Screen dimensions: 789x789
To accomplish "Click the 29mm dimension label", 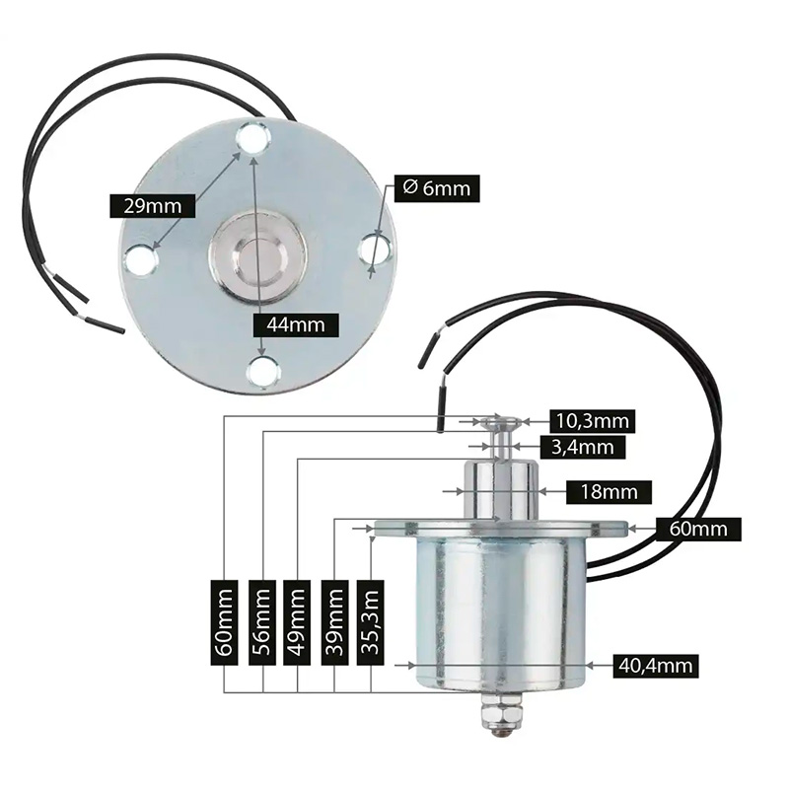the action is click(153, 206).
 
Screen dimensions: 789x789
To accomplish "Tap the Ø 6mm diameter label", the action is click(437, 188).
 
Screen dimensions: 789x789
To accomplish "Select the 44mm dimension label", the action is click(296, 324).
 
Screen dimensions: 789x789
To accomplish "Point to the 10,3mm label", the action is click(593, 421).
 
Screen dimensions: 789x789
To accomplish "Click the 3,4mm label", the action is click(583, 447).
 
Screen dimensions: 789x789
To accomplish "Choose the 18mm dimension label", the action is click(609, 491).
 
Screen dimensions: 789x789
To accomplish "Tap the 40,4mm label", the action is click(656, 666).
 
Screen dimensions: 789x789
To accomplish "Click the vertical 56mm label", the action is click(262, 622).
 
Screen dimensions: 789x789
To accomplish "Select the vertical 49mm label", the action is click(297, 622).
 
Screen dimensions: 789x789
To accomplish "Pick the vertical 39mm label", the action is click(334, 622).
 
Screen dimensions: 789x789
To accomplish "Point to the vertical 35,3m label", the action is click(371, 622).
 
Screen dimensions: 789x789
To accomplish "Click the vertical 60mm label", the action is click(224, 622).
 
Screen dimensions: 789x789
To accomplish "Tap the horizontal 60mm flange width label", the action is click(698, 530).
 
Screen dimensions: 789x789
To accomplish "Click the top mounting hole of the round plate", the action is click(253, 137).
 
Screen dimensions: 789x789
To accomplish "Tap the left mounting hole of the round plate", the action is click(141, 259).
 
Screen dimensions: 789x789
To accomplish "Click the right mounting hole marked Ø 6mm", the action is click(376, 250).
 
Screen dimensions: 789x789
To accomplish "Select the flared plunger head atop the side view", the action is click(500, 422).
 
